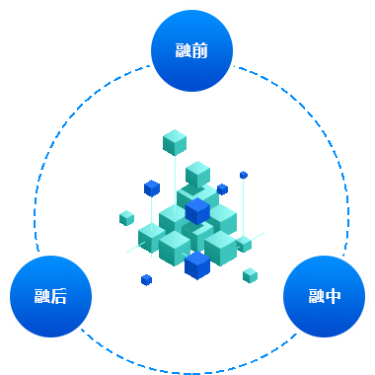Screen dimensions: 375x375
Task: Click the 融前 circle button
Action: (x=191, y=50)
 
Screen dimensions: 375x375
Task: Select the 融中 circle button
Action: (x=324, y=295)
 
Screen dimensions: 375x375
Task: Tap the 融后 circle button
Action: (x=50, y=295)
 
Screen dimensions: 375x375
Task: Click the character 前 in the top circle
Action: (x=200, y=50)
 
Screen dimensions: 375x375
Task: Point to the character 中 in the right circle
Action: (x=334, y=295)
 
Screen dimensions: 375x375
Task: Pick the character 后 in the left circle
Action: (x=59, y=295)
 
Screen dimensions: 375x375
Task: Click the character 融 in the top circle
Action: (x=184, y=50)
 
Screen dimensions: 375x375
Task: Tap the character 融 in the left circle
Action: (x=41, y=295)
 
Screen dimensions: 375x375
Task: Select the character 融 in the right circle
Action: (x=316, y=295)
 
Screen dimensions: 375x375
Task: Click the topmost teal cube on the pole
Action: (x=175, y=142)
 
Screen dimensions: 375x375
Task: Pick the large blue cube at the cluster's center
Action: (x=197, y=210)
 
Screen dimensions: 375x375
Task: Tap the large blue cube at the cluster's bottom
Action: (x=197, y=264)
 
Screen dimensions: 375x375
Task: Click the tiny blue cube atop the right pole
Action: (x=244, y=175)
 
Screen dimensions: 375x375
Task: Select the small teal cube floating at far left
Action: (x=126, y=217)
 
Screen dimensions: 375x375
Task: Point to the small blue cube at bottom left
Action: (x=146, y=279)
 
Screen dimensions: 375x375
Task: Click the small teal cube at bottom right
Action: (x=250, y=275)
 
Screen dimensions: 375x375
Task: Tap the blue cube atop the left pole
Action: (x=151, y=187)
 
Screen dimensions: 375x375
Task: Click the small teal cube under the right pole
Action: (x=244, y=243)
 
